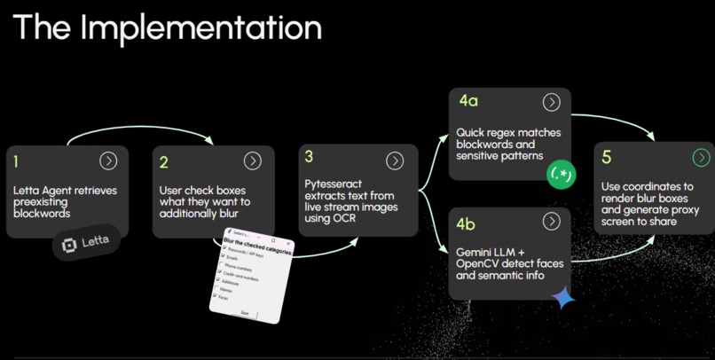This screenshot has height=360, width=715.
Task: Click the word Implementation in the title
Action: point(200,28)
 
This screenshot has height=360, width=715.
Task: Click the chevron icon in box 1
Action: point(108,160)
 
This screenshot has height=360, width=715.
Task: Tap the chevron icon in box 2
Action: point(253,160)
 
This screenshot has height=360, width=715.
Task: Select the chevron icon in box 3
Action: point(395,160)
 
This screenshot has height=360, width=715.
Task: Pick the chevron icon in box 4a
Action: point(552,103)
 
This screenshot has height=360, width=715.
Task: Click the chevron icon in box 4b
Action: point(552,221)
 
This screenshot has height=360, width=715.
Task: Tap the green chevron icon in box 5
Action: point(701,158)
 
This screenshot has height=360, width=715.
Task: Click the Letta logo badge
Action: point(86,242)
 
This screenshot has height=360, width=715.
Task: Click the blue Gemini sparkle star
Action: point(562,298)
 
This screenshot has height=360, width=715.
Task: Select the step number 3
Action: point(309,157)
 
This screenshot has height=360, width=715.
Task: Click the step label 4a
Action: point(468,101)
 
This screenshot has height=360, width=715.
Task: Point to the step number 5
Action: point(607,158)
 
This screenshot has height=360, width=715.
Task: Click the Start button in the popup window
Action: point(245,313)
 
